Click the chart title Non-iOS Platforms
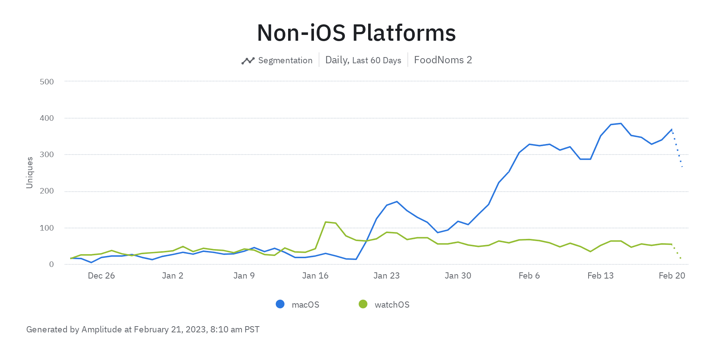tap(356, 33)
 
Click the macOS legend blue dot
tap(280, 304)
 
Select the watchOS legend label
tap(392, 305)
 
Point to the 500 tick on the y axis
tap(47, 81)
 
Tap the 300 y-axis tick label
tap(47, 155)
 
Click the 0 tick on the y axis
tap(51, 264)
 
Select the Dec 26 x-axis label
tap(101, 276)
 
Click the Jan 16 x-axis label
tap(315, 276)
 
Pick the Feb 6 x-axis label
tap(529, 276)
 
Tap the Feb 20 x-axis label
tap(672, 276)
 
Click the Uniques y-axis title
tap(29, 172)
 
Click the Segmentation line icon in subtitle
tap(248, 61)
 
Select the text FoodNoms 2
tap(443, 60)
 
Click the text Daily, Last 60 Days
tap(363, 60)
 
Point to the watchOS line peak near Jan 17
tap(326, 222)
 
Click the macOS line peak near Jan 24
tap(397, 201)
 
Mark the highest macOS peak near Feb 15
tap(621, 123)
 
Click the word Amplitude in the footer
tap(101, 329)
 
